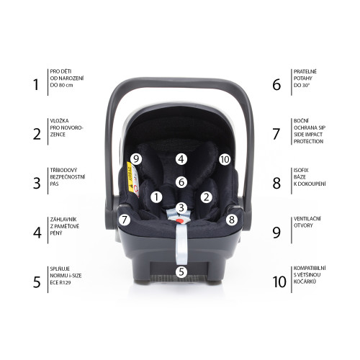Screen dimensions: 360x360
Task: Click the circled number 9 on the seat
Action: tap(136, 159)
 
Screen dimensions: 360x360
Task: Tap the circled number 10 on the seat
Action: tap(225, 159)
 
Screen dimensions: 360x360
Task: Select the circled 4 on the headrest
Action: tap(181, 159)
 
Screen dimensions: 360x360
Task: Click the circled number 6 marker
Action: tap(181, 182)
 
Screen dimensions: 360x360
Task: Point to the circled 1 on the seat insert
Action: tap(156, 197)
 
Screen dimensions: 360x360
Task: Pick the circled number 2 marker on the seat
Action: tap(207, 197)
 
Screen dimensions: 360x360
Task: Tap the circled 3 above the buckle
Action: tap(181, 208)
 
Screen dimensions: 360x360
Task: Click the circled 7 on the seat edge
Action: tap(125, 220)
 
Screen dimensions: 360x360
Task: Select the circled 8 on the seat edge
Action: tap(231, 220)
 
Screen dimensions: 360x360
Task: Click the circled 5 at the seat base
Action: tap(181, 272)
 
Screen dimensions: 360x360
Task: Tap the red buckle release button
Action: tap(179, 220)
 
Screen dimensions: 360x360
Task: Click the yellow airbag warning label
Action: tap(130, 177)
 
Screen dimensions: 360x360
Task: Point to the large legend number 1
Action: tap(36, 84)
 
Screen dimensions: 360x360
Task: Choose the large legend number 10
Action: tap(279, 282)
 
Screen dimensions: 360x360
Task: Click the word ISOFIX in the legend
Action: tap(301, 170)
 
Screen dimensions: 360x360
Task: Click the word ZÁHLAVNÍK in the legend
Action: tap(63, 220)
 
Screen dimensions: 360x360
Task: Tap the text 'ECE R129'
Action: tap(60, 282)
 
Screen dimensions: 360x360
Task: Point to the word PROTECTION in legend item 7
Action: tap(308, 141)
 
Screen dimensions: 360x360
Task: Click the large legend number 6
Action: tap(276, 84)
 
